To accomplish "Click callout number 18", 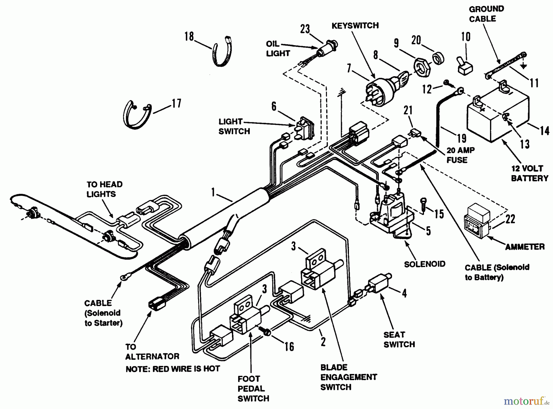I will coord(189,37).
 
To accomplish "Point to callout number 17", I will coord(176,103).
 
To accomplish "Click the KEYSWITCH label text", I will coord(355,26).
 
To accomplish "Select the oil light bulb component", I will coord(327,50).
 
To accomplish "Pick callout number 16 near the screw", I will coord(289,347).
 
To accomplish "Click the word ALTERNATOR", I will coord(152,356).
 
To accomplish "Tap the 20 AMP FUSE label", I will coord(460,155).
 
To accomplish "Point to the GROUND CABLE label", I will coord(486,14).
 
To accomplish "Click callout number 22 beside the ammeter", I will coord(510,219).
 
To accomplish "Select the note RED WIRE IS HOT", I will coord(173,369).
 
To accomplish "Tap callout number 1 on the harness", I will coord(213,192).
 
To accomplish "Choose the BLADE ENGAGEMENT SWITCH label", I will coord(348,377).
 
